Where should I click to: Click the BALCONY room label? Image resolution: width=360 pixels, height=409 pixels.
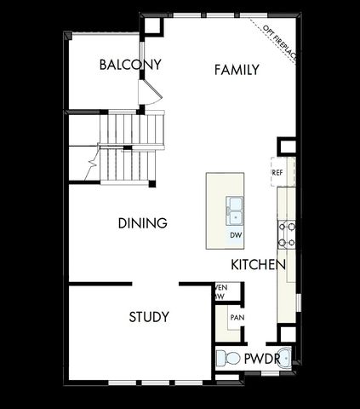[x=130, y=65]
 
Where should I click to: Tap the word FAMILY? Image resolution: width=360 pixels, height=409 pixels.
[x=236, y=70]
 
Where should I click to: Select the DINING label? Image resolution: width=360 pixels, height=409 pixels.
[x=141, y=223]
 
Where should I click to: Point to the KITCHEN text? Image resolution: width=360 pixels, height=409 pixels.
[x=257, y=265]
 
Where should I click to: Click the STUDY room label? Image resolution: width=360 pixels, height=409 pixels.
[x=148, y=317]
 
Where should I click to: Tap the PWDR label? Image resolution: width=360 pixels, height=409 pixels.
[x=261, y=360]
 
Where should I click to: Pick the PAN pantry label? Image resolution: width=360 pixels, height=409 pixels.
[x=237, y=318]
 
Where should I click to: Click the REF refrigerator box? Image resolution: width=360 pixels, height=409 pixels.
[x=277, y=172]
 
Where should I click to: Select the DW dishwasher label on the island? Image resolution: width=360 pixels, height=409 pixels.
[x=234, y=233]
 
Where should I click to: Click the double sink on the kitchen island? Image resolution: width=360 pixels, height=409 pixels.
[x=234, y=207]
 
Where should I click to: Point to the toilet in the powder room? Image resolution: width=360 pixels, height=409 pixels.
[x=226, y=359]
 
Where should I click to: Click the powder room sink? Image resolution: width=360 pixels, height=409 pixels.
[x=287, y=359]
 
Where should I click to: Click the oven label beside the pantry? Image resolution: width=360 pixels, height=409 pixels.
[x=220, y=292]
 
